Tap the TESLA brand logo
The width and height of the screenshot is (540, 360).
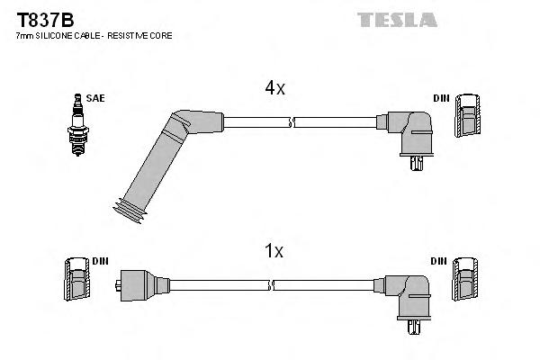click(x=397, y=19)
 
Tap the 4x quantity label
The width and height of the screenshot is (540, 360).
click(x=274, y=88)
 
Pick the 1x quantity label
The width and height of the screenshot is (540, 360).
click(x=274, y=253)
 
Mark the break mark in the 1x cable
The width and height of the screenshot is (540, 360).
click(x=273, y=284)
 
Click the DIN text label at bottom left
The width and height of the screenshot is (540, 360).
click(x=100, y=261)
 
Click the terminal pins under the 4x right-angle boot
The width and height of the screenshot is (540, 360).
click(x=414, y=164)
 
